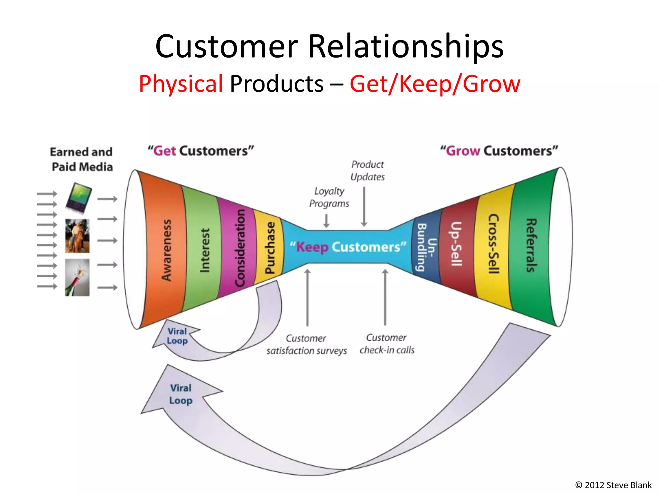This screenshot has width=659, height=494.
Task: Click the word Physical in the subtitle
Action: [181, 84]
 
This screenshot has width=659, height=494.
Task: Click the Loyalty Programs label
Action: [329, 197]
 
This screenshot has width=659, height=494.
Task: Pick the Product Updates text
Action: [367, 170]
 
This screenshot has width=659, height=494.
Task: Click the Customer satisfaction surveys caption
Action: [306, 344]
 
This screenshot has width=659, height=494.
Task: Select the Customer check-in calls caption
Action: [387, 344]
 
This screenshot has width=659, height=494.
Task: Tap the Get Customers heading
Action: [201, 151]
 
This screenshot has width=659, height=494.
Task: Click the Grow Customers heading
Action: [499, 151]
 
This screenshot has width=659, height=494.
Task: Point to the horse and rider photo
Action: [77, 236]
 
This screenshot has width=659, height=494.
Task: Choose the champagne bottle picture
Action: [77, 278]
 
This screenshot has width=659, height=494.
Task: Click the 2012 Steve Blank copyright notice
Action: [613, 485]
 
